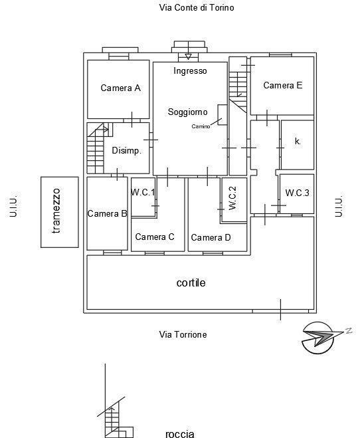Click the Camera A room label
click(x=120, y=88)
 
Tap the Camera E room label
click(x=283, y=85)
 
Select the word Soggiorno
click(x=187, y=112)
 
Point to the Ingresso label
click(x=190, y=70)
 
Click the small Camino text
click(x=201, y=126)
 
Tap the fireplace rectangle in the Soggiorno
click(x=223, y=115)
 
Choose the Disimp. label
click(x=126, y=151)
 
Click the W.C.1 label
click(x=143, y=192)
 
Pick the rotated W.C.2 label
click(x=232, y=198)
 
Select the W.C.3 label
click(x=297, y=193)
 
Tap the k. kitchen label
click(x=298, y=142)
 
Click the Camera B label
click(x=107, y=214)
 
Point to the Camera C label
click(x=155, y=237)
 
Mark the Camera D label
click(x=211, y=237)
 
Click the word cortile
click(x=191, y=282)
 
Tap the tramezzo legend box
click(x=60, y=212)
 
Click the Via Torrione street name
click(x=183, y=334)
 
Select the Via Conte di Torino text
click(x=197, y=7)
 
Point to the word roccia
click(x=180, y=433)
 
